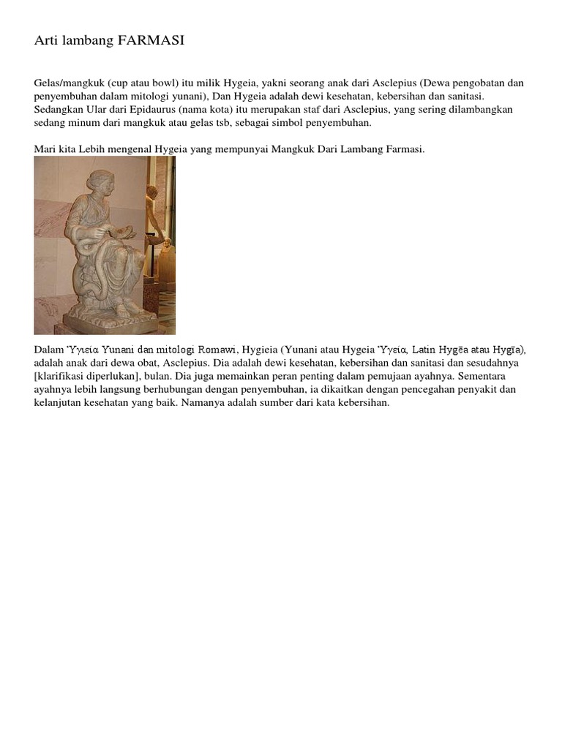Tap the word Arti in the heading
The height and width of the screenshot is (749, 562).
pos(46,42)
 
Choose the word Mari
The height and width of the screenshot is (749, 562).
pos(44,149)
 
